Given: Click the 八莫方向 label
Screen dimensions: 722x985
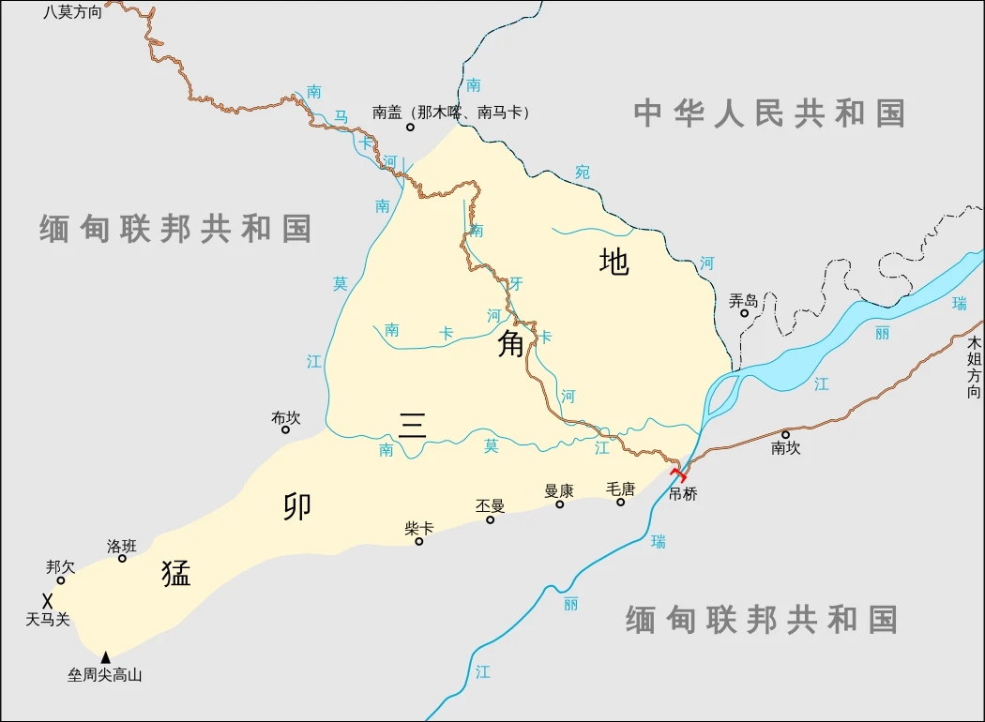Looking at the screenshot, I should click(72, 12).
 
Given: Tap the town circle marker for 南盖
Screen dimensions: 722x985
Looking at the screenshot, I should click(410, 127).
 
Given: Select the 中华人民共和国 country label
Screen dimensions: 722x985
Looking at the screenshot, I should click(768, 113).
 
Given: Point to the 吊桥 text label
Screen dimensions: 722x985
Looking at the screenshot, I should click(683, 494).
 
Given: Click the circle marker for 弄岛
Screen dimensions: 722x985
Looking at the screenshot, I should click(745, 313).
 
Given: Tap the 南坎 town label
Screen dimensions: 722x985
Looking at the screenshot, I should click(786, 448).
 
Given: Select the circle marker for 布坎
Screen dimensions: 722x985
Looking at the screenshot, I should click(286, 429).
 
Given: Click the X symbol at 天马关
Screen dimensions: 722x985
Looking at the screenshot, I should click(47, 600).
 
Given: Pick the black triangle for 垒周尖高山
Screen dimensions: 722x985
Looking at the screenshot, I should click(106, 656).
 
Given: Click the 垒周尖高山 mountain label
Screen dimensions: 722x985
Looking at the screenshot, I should click(104, 674).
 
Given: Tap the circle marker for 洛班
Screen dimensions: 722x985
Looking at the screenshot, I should click(122, 558).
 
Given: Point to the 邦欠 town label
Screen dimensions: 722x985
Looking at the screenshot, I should click(60, 566).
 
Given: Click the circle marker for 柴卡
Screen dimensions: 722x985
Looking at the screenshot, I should click(419, 541).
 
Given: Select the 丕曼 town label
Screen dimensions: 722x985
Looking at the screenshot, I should click(490, 506).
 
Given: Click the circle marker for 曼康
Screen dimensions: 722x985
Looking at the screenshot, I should click(560, 504).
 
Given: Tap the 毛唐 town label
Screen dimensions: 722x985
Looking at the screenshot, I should click(620, 489).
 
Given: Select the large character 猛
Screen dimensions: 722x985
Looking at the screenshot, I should click(175, 572).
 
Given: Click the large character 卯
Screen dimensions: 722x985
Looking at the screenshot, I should click(297, 506).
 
